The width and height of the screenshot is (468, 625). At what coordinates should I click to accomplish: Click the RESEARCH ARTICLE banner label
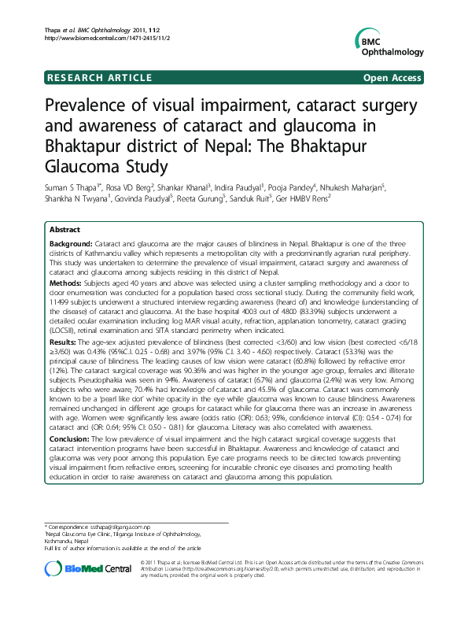tap(100, 78)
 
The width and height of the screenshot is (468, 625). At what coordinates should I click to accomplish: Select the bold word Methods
tap(65, 279)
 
